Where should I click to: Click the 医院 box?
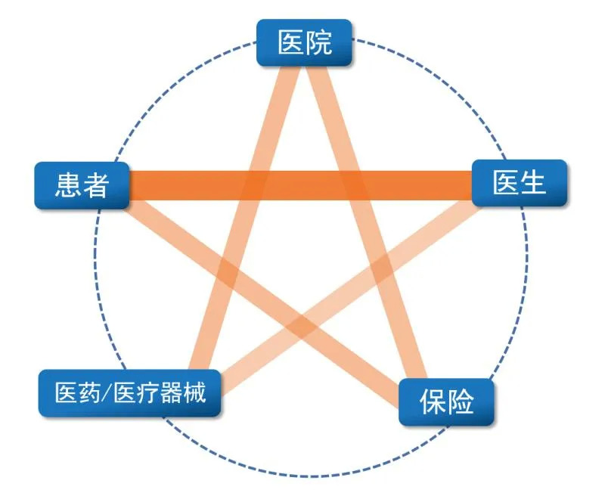pyautogui.click(x=304, y=42)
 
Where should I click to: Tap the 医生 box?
pyautogui.click(x=519, y=182)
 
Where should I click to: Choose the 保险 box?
pyautogui.click(x=447, y=401)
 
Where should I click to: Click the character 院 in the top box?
pyautogui.click(x=318, y=42)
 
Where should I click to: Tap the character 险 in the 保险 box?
pyautogui.click(x=461, y=401)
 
